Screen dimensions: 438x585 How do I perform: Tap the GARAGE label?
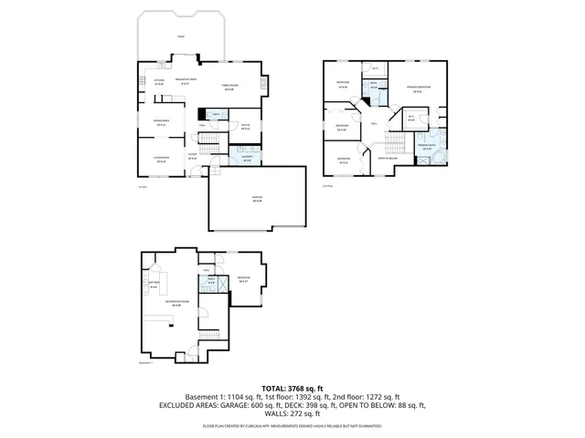[x=257, y=200]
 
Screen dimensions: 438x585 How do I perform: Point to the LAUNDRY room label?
[x=247, y=158]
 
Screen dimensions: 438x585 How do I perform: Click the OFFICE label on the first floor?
[x=246, y=128]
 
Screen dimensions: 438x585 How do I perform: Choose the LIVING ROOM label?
[x=160, y=161]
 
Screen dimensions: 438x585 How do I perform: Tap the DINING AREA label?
[x=159, y=121]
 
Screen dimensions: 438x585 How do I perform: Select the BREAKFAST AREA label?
[x=188, y=81]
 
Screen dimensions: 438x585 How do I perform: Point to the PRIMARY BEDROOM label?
[x=419, y=88]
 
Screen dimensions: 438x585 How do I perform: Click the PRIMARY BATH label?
[x=427, y=147]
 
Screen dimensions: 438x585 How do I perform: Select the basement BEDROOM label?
[x=243, y=279]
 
